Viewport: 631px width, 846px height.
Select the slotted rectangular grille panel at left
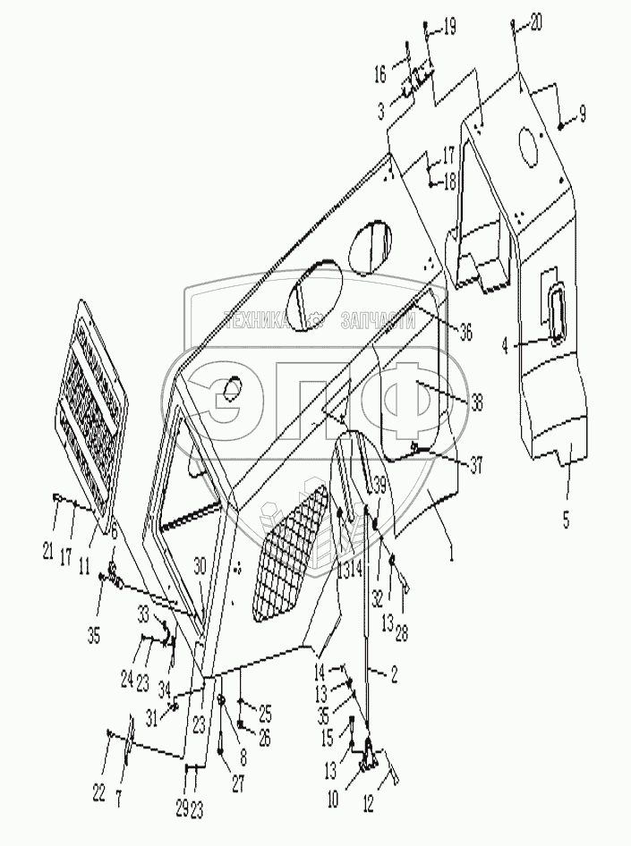coord(92,387)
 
